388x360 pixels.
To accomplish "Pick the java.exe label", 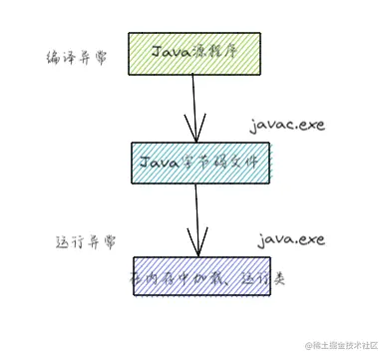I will [291, 239].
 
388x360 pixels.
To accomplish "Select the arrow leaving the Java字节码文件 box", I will [194, 214].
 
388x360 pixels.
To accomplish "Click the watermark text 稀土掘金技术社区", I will [343, 345].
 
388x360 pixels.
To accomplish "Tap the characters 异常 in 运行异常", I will [100, 242].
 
